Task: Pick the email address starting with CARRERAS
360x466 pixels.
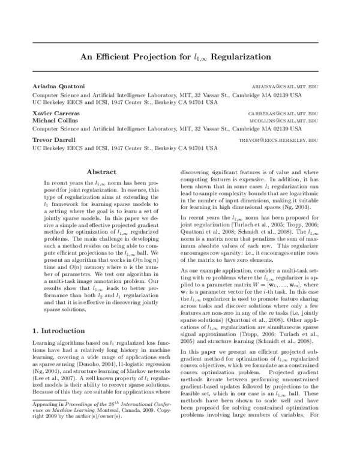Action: pos(283,112)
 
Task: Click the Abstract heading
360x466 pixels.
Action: pos(101,172)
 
